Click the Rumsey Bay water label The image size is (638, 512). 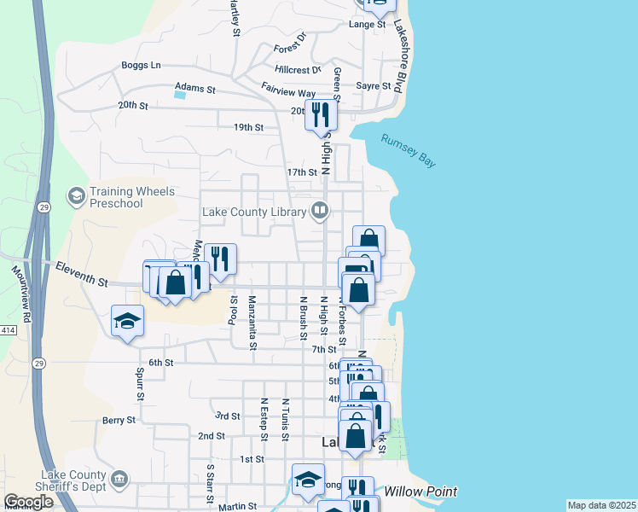[x=408, y=151]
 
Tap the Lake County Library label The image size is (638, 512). [x=254, y=212]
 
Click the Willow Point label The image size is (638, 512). [x=420, y=492]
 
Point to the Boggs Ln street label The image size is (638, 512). [x=141, y=65]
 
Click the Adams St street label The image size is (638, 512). [x=195, y=87]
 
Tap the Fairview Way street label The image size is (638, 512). [x=288, y=93]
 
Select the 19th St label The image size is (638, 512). [x=248, y=127]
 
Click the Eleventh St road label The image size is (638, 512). [x=81, y=275]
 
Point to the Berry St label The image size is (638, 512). [x=119, y=420]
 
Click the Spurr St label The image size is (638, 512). [x=140, y=385]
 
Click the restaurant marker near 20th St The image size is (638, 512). [x=322, y=115]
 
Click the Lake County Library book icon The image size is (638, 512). [x=320, y=209]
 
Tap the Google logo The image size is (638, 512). [x=27, y=503]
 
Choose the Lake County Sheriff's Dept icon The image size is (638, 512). [x=121, y=478]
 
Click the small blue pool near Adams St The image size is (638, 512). [x=179, y=95]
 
